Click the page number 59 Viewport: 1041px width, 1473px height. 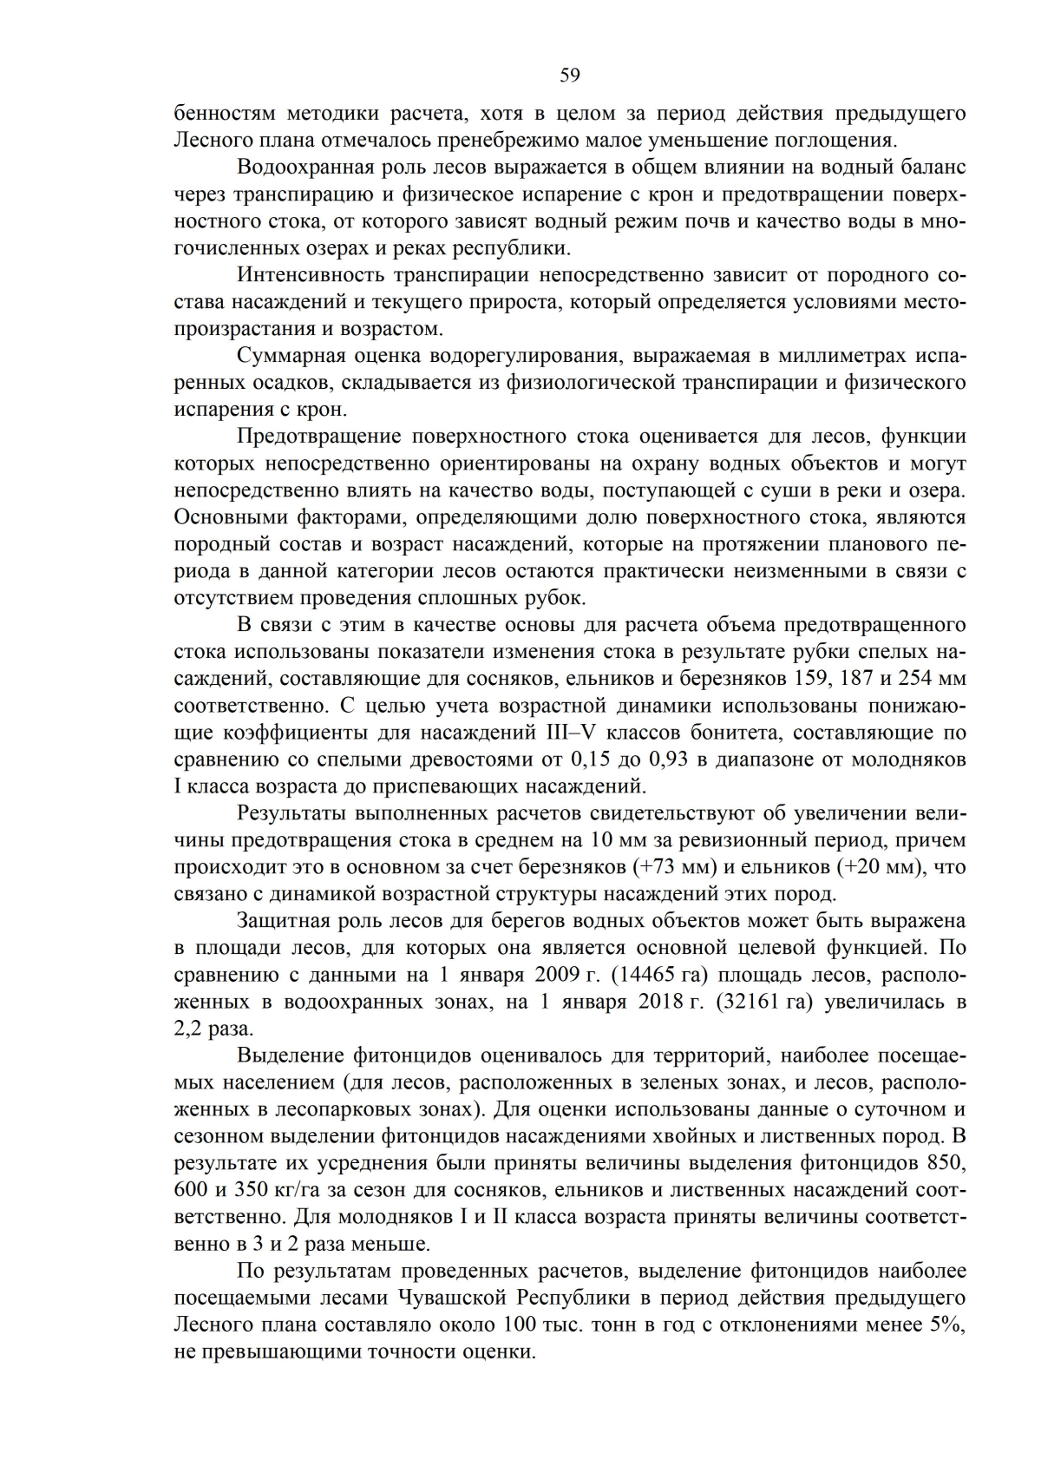pos(569,76)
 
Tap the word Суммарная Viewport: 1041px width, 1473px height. pos(286,356)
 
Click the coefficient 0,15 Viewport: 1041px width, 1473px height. pos(590,760)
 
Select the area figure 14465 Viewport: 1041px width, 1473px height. pos(647,975)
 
